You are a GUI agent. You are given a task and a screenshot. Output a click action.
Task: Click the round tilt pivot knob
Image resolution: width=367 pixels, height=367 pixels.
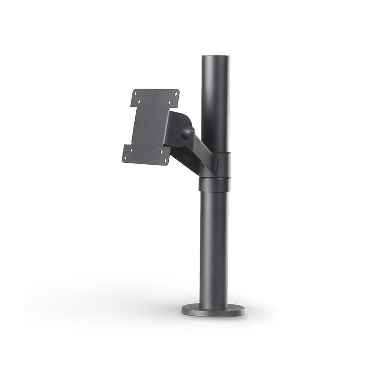[187, 132]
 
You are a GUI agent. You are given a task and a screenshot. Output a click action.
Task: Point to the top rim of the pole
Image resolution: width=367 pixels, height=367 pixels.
[216, 57]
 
